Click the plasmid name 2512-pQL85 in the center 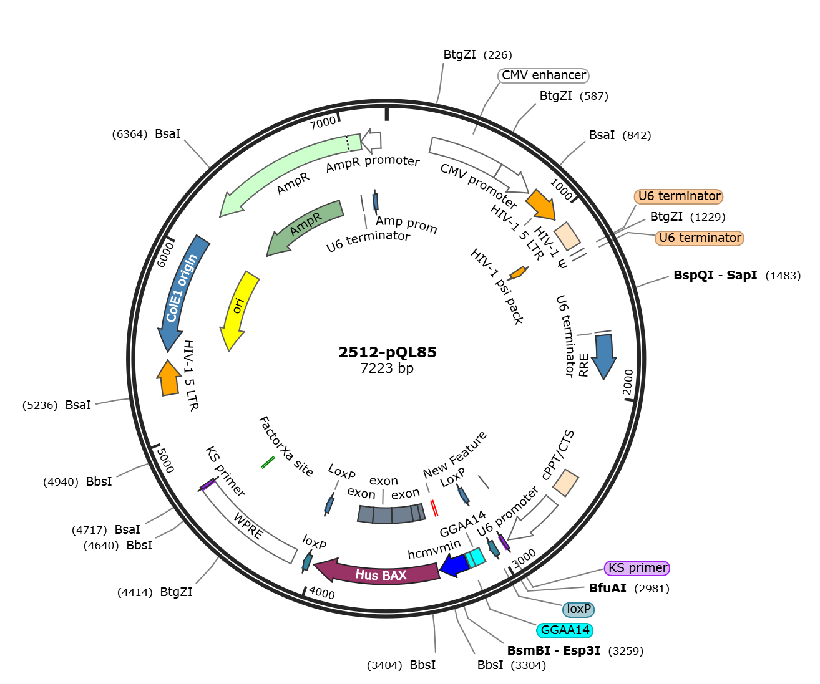coord(387,352)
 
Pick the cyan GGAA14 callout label coord(565,630)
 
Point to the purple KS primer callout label coord(637,567)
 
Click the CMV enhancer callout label coord(544,75)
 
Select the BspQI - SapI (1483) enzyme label coord(737,275)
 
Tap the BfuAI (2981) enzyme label coord(629,588)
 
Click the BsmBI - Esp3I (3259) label coord(575,650)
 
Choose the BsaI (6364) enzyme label coord(146,134)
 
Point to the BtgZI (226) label coord(477,54)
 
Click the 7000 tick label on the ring coord(323,123)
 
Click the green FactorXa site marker coord(268,462)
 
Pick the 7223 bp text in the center coord(387,368)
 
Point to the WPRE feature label coord(248,526)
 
